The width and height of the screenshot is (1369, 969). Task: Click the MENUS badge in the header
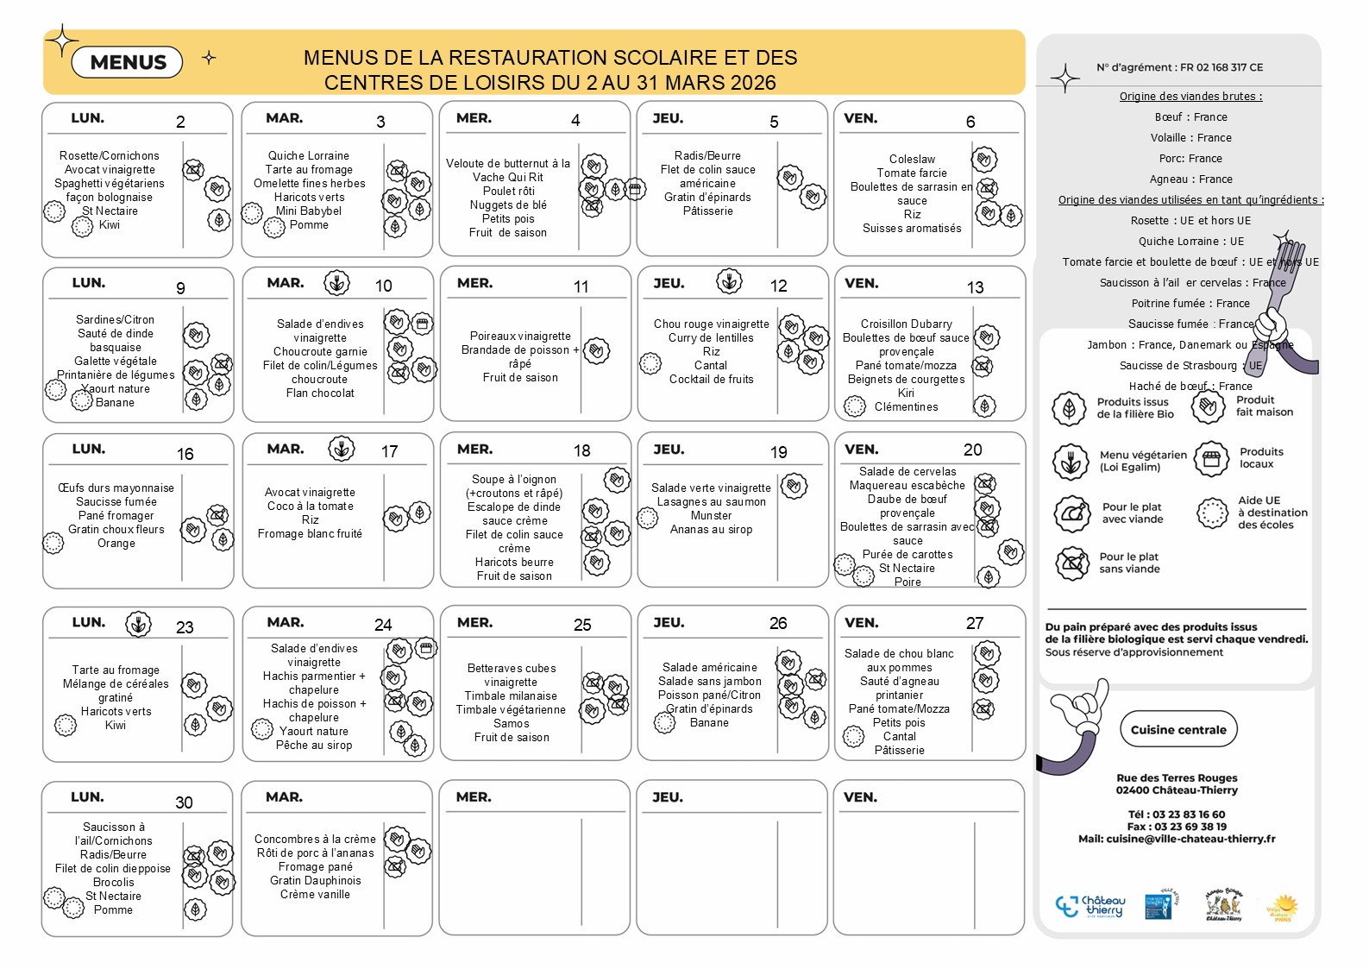coord(128,62)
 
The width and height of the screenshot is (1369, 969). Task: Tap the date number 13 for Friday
coord(975,287)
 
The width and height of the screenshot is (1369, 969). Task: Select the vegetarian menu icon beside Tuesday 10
coord(336,282)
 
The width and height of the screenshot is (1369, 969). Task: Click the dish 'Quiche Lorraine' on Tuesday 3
coord(308,155)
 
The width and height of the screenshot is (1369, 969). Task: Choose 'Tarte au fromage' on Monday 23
coord(116,670)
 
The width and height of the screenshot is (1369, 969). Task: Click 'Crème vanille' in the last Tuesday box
coord(315,894)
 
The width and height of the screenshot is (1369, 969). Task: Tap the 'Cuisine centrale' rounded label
coord(1177,729)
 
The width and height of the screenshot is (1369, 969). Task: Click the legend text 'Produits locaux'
coord(1261,457)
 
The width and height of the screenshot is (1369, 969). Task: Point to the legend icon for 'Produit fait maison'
coord(1209,406)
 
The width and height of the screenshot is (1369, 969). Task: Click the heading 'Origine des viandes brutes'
coord(1190,97)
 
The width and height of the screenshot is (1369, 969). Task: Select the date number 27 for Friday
coord(975,623)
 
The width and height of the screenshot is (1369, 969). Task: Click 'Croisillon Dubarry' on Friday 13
coord(906,324)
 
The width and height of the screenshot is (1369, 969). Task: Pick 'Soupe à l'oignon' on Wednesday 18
coord(513,479)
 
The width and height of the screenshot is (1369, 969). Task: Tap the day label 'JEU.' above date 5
coord(668,118)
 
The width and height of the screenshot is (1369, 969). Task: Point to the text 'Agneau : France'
coord(1190,179)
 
